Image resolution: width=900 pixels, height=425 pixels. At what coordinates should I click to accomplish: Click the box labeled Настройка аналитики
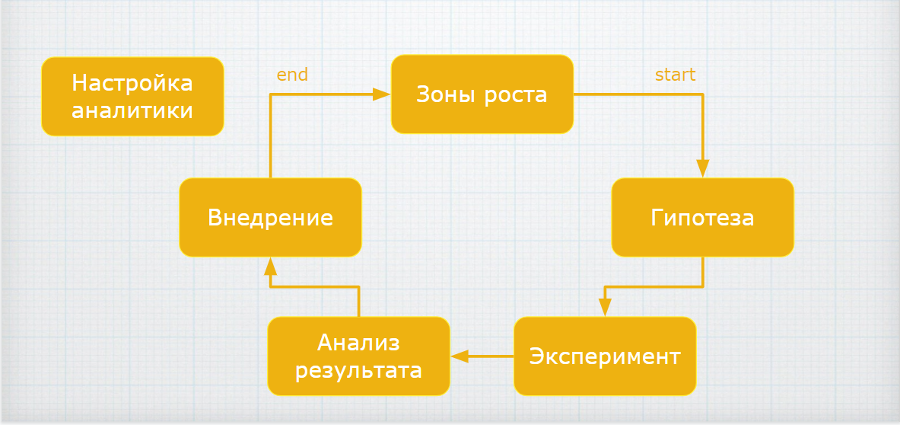coord(132,97)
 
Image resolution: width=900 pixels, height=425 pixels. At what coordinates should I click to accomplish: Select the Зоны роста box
coord(482,95)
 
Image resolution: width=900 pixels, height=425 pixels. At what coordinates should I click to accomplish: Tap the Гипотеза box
coord(702,218)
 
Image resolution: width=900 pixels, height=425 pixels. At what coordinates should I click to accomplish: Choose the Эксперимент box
coord(605,356)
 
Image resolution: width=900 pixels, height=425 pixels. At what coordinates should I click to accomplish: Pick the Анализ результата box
coord(358,356)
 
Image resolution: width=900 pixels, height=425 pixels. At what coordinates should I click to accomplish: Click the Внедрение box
coord(270,218)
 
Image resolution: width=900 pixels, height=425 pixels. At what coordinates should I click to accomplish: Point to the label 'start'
coord(675,75)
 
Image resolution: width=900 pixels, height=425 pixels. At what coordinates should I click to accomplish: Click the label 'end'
coord(292,75)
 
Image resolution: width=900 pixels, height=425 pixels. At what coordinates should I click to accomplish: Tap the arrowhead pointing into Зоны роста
coord(382,95)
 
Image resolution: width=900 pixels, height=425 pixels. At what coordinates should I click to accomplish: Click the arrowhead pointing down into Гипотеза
coord(702,168)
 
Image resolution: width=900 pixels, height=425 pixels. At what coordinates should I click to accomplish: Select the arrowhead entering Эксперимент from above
coord(605,307)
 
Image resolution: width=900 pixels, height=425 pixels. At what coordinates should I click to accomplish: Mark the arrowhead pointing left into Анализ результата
coord(459,356)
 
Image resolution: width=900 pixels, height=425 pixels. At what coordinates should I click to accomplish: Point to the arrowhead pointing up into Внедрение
coord(270,266)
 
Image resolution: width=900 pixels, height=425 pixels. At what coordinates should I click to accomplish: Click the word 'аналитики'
coord(132,110)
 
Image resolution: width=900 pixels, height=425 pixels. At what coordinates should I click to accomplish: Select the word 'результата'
coord(358,371)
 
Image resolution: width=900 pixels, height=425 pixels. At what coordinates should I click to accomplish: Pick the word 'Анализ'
coord(358,342)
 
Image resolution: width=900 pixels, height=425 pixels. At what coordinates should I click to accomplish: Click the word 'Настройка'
coord(132,82)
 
